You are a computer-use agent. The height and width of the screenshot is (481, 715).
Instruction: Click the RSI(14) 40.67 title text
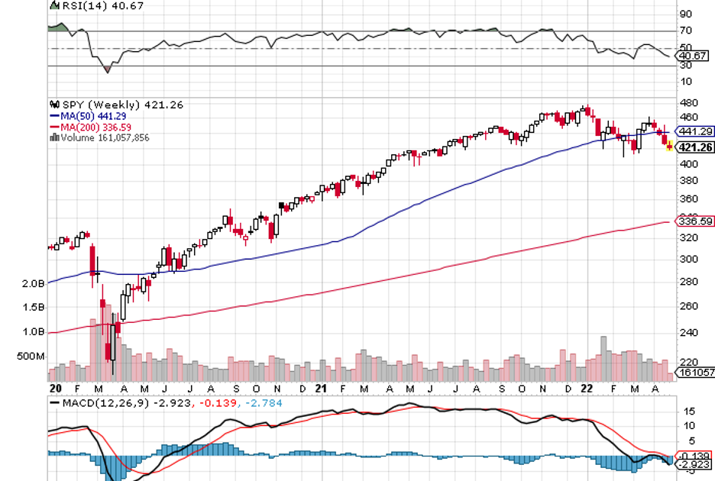(89, 6)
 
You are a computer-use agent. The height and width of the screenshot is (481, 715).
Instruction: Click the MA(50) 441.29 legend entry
(95, 115)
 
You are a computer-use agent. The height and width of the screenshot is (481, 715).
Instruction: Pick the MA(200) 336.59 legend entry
(98, 127)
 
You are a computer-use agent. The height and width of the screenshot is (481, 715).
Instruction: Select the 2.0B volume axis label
(33, 283)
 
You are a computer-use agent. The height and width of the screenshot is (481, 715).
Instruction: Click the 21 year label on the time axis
(322, 389)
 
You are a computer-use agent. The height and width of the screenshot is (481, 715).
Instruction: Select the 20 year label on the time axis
(55, 389)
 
